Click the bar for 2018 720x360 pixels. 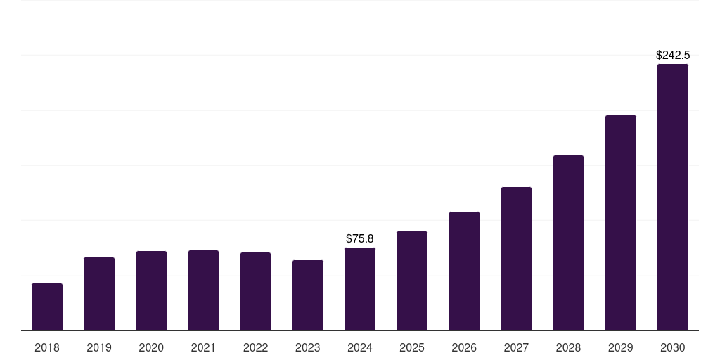point(47,307)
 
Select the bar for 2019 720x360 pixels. point(99,294)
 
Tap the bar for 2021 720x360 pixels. point(203,290)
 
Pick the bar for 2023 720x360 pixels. point(308,295)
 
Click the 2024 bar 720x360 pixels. point(360,289)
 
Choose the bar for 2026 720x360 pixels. point(464,271)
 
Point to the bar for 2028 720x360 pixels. point(568,243)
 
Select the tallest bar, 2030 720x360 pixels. point(673,198)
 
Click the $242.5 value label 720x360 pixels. point(673,55)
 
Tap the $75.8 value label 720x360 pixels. point(360,239)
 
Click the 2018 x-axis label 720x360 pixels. point(47,347)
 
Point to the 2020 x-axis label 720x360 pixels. point(151,347)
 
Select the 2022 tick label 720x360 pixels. point(255,347)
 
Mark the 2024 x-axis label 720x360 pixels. point(360,347)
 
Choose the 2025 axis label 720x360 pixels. point(412,347)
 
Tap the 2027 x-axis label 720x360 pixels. point(516,347)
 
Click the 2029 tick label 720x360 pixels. point(620,347)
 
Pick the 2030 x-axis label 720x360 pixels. point(673,347)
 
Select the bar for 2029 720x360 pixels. point(620,223)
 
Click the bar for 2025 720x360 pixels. point(412,281)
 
